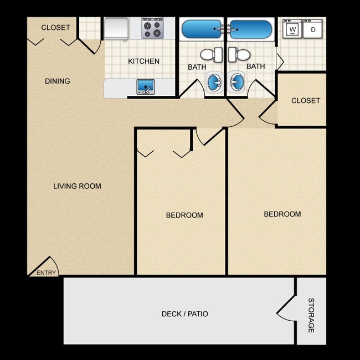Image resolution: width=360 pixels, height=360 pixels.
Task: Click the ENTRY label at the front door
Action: [x=46, y=272]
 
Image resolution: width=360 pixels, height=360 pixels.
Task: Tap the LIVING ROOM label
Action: [x=77, y=186]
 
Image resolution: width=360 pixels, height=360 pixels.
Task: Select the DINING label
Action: [x=58, y=81]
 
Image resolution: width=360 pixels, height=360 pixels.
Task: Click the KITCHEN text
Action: [x=144, y=61]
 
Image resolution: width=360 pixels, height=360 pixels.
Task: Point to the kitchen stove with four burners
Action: [x=152, y=28]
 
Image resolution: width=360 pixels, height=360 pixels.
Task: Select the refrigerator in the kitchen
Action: [x=117, y=28]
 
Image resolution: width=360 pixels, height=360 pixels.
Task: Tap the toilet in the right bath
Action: [x=239, y=55]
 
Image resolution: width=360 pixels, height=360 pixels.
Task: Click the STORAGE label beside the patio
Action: [x=311, y=315]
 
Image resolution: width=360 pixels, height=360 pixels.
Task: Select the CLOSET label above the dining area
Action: [x=56, y=28]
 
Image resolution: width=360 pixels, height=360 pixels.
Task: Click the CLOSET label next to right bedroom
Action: [x=306, y=100]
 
